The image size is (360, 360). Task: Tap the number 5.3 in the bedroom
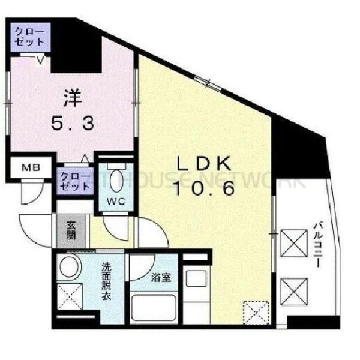(x=71, y=124)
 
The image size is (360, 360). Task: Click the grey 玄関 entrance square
(x=71, y=230)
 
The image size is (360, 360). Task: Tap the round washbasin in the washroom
(x=70, y=268)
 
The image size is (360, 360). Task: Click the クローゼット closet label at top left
(x=29, y=37)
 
